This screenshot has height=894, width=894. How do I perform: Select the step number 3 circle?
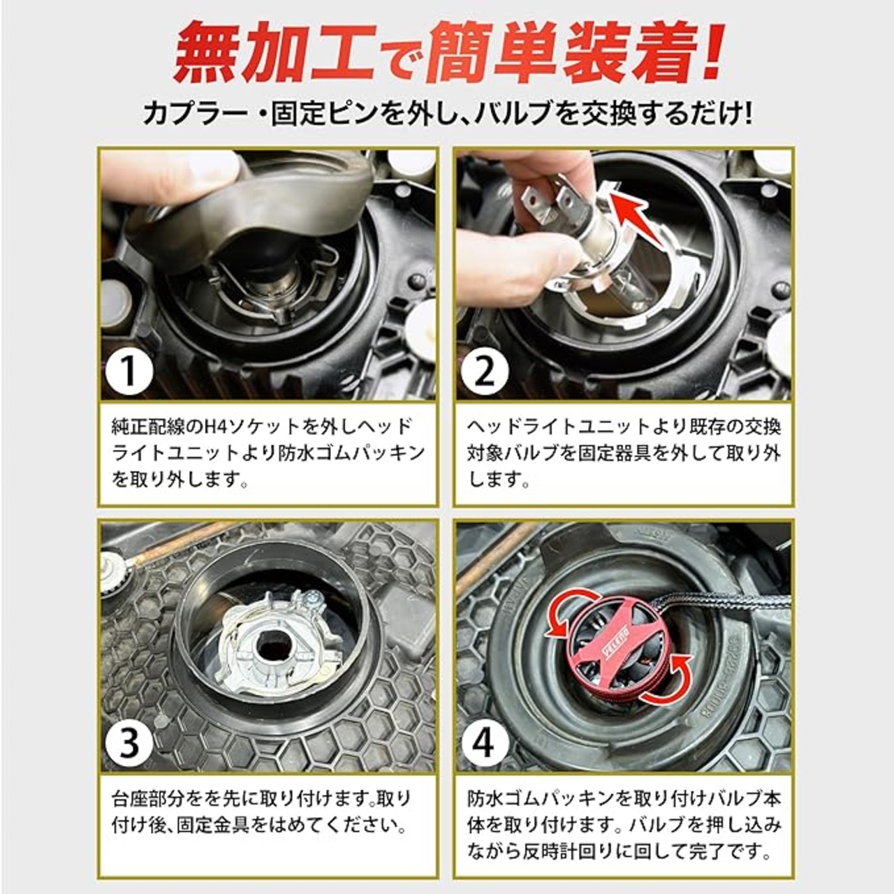129,742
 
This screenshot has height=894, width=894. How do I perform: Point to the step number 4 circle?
485,742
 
